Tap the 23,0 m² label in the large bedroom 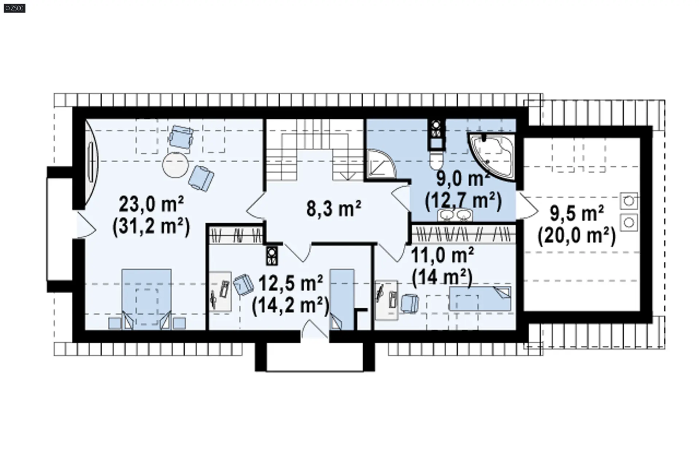(x=151, y=204)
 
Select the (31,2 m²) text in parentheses (x=151, y=227)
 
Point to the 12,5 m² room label (x=290, y=283)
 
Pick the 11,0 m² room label (x=442, y=255)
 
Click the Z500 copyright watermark (x=15, y=8)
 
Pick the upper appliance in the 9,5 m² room (x=629, y=201)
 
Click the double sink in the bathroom (x=455, y=215)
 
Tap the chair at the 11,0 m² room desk (x=410, y=303)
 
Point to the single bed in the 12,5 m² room (x=342, y=299)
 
